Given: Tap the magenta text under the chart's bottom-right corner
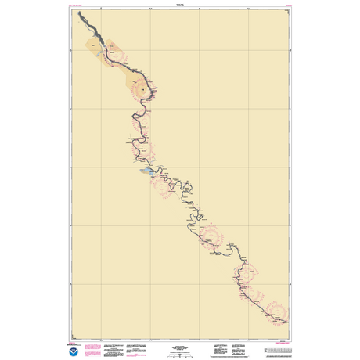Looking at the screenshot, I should [x=283, y=327].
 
